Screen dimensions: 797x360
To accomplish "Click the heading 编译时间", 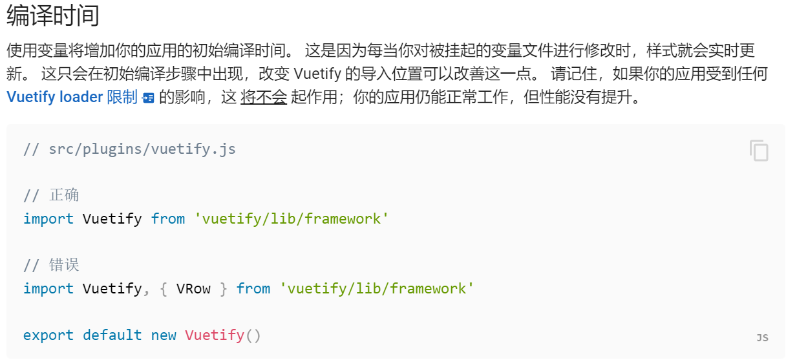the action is click(53, 16).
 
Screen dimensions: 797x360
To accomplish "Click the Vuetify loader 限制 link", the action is click(72, 98).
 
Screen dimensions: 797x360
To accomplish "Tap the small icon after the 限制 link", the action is click(149, 98).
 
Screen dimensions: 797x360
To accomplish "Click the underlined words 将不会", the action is click(263, 98).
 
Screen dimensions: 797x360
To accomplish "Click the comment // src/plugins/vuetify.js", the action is click(129, 149).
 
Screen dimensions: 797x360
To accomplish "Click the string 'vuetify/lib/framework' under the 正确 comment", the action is click(292, 218).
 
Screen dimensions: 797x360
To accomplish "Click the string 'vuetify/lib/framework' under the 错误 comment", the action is click(377, 288).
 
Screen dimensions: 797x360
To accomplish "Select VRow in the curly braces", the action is click(193, 288).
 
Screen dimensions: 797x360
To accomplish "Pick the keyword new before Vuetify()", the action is click(164, 335).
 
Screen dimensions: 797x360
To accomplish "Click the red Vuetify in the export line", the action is click(215, 335).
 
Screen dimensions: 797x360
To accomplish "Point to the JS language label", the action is click(762, 337).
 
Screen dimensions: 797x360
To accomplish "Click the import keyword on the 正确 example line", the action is click(48, 218).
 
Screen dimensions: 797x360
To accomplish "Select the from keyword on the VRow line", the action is click(253, 288).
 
